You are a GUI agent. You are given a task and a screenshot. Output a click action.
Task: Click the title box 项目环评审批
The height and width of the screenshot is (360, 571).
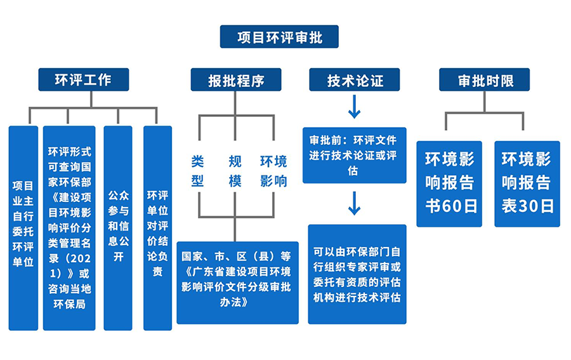(x=279, y=36)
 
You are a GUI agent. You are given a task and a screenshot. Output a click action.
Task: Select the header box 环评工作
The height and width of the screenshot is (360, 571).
(x=83, y=79)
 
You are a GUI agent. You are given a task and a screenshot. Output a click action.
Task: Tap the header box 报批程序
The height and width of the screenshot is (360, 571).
(x=236, y=79)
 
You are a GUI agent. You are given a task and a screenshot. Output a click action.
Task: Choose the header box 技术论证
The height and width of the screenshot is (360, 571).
(x=354, y=79)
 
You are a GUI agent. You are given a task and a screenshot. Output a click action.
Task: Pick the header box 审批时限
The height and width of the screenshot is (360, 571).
(x=484, y=79)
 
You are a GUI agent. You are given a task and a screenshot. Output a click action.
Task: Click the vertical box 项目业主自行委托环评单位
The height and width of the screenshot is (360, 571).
(x=23, y=228)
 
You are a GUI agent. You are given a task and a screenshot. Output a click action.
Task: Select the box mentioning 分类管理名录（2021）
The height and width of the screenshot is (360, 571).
(x=69, y=228)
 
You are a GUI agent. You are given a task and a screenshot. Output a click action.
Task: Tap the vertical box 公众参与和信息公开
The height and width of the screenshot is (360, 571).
(x=118, y=228)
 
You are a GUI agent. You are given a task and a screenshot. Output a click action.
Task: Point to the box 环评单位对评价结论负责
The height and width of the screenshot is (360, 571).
(x=158, y=228)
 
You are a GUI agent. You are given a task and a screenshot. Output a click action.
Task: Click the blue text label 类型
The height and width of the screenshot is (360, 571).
(x=197, y=171)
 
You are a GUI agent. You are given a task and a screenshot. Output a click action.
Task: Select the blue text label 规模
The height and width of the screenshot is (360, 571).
(x=235, y=171)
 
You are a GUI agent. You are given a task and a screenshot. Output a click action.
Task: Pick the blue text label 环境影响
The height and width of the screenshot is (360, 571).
(x=273, y=171)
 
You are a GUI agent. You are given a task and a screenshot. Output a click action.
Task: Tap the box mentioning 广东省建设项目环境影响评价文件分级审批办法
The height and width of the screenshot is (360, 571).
(x=237, y=283)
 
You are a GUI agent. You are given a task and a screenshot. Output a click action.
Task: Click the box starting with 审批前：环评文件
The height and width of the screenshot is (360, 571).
(x=354, y=155)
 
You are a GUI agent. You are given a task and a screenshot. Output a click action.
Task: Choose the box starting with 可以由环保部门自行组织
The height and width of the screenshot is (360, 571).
(x=357, y=274)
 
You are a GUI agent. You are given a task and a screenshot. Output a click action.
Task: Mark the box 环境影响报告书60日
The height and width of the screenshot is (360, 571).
(x=449, y=184)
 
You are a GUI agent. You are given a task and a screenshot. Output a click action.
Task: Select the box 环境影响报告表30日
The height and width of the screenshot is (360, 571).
(x=527, y=184)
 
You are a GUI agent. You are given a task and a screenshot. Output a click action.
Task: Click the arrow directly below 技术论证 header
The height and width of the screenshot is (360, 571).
(x=354, y=107)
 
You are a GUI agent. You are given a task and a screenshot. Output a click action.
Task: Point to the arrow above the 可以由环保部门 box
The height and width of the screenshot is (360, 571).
(x=354, y=203)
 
